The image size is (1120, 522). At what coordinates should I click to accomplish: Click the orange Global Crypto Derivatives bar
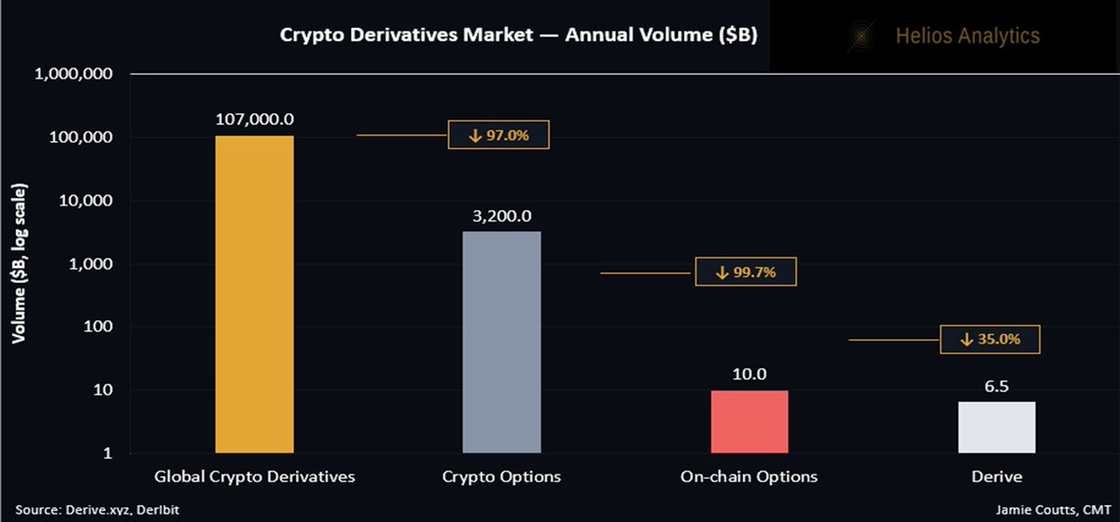coord(255,294)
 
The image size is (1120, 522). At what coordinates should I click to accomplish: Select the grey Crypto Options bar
coord(501,342)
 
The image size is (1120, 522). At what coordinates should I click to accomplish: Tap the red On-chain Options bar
coord(749,422)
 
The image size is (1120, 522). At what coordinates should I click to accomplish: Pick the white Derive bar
coord(996,428)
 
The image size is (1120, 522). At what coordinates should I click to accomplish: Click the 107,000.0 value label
coord(255,120)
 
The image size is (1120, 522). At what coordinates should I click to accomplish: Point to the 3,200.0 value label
coord(501,216)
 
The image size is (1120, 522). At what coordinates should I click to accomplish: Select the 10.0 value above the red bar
coord(749,374)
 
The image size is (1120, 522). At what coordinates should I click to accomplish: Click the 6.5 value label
coord(996,386)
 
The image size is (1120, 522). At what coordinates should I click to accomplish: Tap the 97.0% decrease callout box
coord(498,135)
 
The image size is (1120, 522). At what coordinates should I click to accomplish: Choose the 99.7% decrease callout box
coord(747,272)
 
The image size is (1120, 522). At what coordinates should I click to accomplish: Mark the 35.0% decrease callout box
coord(989,340)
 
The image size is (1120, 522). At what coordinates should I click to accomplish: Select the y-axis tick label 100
coord(96,327)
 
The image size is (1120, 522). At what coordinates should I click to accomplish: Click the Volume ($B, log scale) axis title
coord(20,263)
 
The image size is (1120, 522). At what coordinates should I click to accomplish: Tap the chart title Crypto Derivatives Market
coord(518,35)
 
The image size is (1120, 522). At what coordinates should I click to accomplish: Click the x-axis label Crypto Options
coord(501,476)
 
